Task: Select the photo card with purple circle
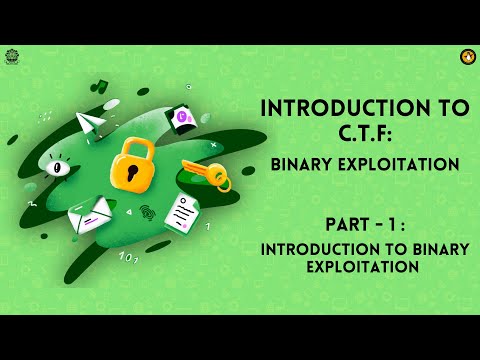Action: pos(183,119)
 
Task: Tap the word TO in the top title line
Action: pos(443,106)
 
